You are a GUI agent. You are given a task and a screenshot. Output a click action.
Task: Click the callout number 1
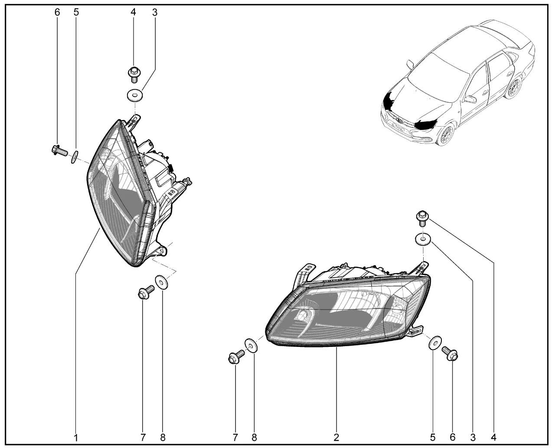point(76,438)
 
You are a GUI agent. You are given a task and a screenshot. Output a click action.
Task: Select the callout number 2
point(336,437)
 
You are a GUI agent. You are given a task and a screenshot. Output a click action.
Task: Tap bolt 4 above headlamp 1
point(134,74)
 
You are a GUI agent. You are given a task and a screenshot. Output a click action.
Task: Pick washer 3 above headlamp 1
point(135,96)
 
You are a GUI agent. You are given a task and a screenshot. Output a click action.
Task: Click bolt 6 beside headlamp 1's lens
point(59,150)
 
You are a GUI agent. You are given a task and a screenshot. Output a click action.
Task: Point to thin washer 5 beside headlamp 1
point(75,157)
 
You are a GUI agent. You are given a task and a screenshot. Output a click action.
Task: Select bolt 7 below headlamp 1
point(146,292)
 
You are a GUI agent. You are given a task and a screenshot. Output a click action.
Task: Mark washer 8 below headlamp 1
point(162,282)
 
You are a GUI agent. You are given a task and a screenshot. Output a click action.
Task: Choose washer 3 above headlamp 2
point(423,239)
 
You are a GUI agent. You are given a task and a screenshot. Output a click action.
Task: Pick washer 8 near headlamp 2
point(251,345)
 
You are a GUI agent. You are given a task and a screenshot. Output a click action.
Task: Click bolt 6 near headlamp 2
point(450,353)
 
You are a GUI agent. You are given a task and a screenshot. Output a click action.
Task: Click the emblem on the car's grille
point(400,120)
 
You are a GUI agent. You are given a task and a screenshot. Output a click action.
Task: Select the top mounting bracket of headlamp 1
point(134,121)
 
